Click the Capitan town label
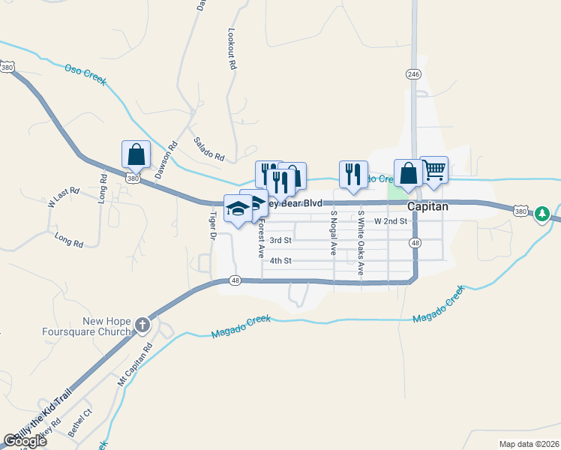click(x=427, y=206)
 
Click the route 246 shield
click(x=413, y=74)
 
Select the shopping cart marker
click(x=433, y=172)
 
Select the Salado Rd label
click(x=209, y=150)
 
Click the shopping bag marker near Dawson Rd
click(x=136, y=155)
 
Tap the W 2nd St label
click(x=390, y=221)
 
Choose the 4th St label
click(x=280, y=260)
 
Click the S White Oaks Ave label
click(x=361, y=241)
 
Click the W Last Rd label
click(x=63, y=198)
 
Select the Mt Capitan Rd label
click(x=135, y=364)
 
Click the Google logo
click(x=25, y=440)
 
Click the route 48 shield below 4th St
click(x=235, y=281)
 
